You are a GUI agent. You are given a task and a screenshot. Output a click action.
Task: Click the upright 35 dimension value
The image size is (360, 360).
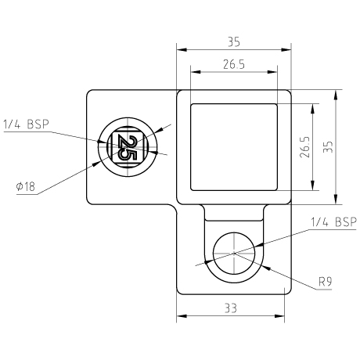point(234,42)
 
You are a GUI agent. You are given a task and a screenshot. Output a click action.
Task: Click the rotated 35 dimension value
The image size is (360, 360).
point(328,147)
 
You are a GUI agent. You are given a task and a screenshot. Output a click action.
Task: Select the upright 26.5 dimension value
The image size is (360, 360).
point(234,64)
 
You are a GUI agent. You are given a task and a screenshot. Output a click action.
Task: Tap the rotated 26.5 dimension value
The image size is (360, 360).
point(304,147)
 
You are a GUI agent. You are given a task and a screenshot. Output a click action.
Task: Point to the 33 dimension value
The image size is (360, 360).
point(231,308)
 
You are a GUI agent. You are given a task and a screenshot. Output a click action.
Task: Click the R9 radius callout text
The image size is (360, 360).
point(326,282)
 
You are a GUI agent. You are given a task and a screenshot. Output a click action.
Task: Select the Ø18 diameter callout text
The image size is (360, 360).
point(25,186)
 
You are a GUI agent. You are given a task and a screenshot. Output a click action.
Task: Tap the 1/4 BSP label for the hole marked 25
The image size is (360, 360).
point(26,124)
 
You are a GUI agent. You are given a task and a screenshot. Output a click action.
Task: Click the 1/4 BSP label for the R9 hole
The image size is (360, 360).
point(333,222)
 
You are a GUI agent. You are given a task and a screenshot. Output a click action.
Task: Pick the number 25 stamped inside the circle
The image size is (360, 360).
point(128,147)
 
